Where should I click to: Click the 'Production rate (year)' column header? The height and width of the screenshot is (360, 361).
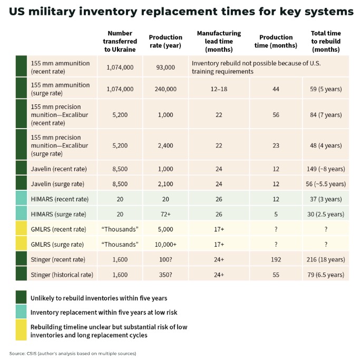(x=165, y=41)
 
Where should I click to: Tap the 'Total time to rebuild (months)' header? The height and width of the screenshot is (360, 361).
(x=325, y=41)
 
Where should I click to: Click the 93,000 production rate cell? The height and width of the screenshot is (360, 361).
(x=165, y=67)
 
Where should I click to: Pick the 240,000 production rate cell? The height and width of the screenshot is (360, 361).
(x=165, y=89)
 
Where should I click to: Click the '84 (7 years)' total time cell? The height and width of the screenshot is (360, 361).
(x=325, y=115)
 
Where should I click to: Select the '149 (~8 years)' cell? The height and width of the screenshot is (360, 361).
(x=325, y=169)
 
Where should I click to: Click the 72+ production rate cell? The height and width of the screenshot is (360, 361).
(x=165, y=214)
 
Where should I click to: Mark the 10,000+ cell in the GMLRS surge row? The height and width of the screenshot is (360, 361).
(x=165, y=244)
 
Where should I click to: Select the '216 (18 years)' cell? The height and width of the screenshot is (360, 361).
(x=325, y=259)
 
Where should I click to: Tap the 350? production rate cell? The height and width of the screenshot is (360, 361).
(x=165, y=274)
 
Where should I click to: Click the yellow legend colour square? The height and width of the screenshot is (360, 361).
(x=22, y=330)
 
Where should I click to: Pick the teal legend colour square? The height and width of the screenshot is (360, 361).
(x=22, y=312)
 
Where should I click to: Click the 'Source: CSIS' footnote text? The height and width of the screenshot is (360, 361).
(x=73, y=353)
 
